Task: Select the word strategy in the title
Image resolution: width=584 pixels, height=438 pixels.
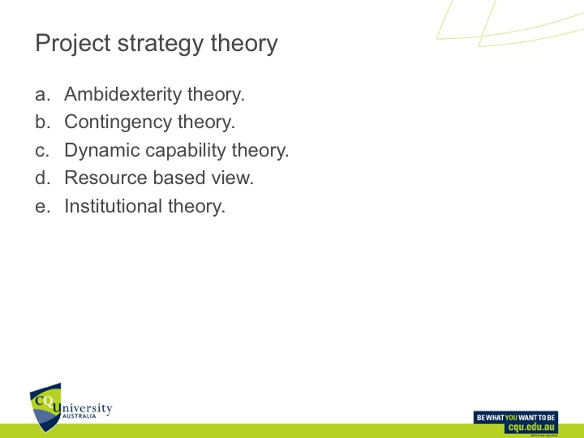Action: (159, 43)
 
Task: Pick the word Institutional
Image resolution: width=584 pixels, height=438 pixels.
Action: (114, 206)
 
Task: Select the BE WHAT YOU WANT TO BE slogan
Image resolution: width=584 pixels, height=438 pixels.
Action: (516, 416)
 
